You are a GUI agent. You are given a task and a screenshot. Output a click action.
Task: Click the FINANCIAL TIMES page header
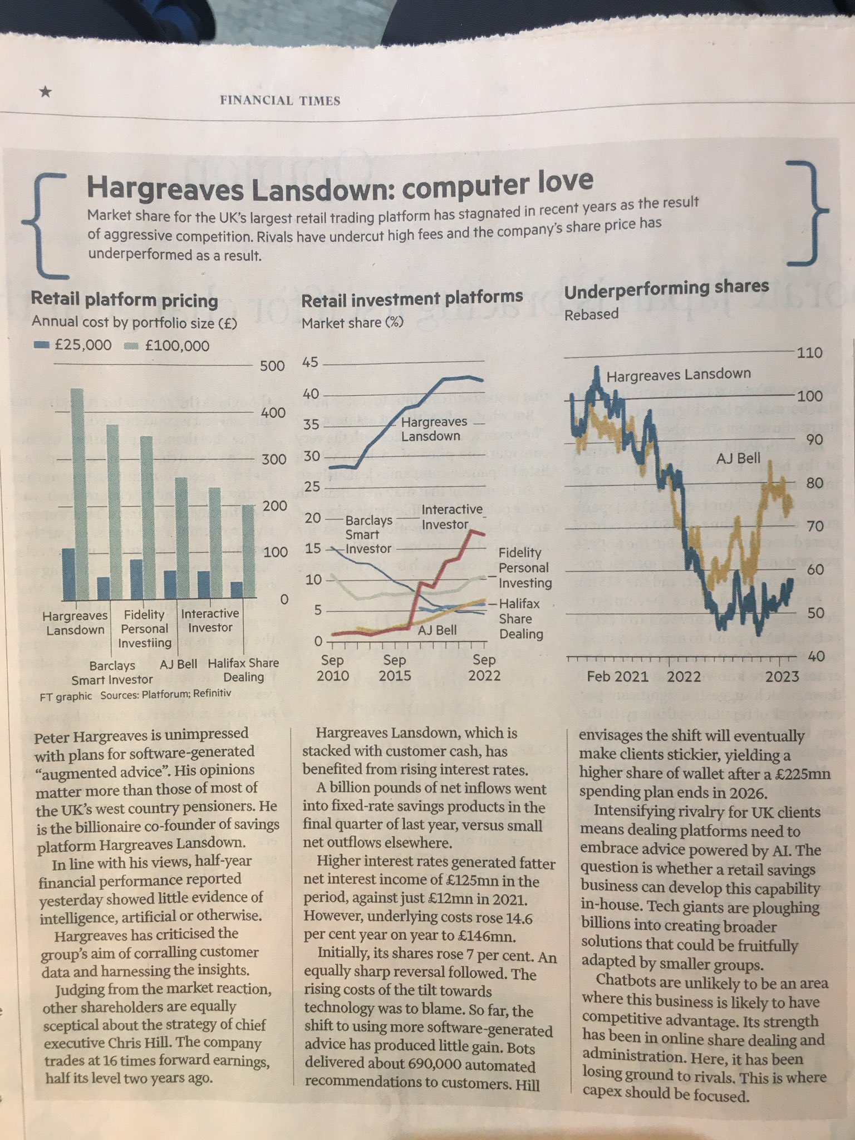(280, 101)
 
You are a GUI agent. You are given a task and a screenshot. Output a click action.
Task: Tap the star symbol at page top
(46, 92)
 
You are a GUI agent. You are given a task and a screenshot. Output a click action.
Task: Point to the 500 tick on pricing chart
(272, 366)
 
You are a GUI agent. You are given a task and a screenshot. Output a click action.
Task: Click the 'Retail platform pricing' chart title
(124, 300)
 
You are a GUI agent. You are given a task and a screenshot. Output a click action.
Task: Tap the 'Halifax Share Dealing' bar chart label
(243, 670)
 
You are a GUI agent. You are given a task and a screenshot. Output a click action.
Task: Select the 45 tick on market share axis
(310, 362)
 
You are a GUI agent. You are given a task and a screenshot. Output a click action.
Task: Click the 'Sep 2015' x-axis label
(395, 667)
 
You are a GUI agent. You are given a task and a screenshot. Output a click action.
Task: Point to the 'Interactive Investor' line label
(444, 517)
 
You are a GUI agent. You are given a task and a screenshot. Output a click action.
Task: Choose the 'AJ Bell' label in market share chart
(438, 630)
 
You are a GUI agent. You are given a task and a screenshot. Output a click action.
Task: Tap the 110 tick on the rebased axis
(810, 353)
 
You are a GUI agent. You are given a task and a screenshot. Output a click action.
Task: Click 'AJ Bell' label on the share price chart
(738, 459)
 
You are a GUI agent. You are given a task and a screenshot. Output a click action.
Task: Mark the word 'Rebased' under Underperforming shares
(591, 315)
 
